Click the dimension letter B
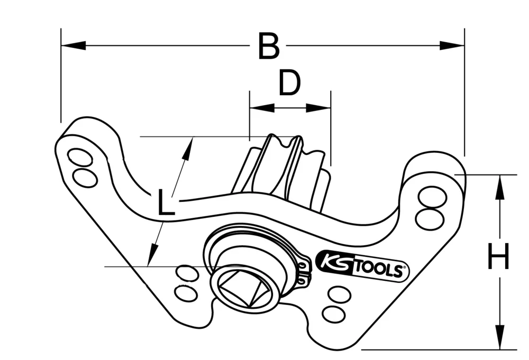coord(269,47)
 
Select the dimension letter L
coord(166,203)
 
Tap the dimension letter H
coord(498,257)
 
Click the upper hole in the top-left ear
coord(80,157)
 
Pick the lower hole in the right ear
coord(428,218)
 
